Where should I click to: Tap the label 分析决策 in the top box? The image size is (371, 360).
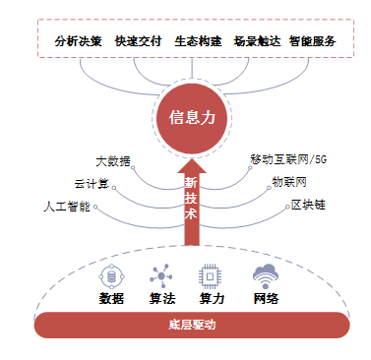click(x=79, y=42)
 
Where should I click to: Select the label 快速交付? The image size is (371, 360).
click(x=137, y=42)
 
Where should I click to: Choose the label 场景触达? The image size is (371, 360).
click(x=254, y=42)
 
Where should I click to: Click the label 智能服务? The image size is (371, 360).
click(x=312, y=42)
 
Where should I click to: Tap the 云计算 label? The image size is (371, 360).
click(x=91, y=183)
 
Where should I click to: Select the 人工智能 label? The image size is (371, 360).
click(x=67, y=207)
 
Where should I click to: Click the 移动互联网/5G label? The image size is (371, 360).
click(x=287, y=157)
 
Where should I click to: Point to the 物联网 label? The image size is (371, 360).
click(x=288, y=182)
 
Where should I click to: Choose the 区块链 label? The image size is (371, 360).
click(x=307, y=206)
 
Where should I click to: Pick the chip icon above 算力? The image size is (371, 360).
click(x=209, y=274)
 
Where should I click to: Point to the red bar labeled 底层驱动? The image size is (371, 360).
click(x=191, y=325)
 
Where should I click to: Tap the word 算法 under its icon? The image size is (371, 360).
click(x=160, y=299)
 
